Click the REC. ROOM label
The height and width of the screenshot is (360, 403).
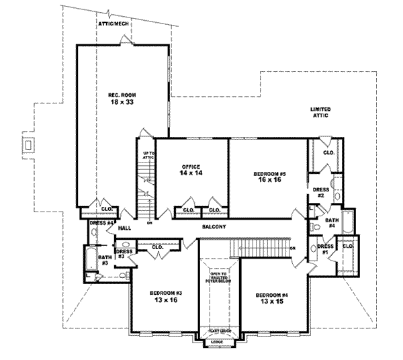[x=118, y=95]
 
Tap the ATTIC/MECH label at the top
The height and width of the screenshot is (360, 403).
[x=112, y=24]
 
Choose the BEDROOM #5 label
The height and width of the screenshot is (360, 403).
[x=267, y=174]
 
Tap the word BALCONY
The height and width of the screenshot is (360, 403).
[x=214, y=227]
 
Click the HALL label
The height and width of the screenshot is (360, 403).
[x=124, y=228]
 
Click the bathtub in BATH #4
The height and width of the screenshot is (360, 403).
[x=349, y=221]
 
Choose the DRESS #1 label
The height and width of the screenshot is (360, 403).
[x=323, y=249]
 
